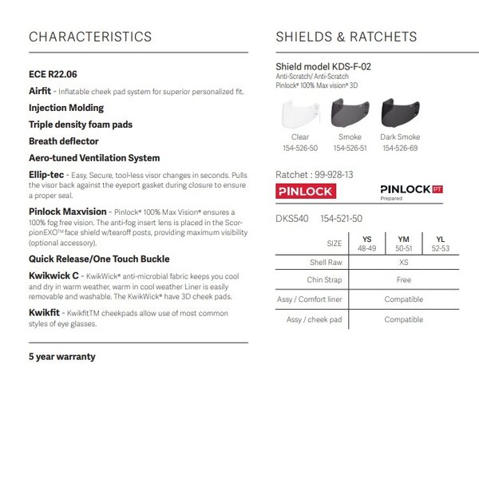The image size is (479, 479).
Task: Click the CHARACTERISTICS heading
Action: pos(89,37)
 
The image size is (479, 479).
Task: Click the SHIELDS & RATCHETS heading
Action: pos(346,37)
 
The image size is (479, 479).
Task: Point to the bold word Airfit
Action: pos(40,92)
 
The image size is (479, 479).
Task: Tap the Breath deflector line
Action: pos(63,141)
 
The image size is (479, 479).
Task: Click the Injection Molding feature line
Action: pos(65,108)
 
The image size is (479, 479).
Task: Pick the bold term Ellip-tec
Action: pos(47,173)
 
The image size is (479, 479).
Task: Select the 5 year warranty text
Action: pos(61,355)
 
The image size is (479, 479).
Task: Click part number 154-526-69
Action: pos(399,148)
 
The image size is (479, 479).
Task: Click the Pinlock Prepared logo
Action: pos(410,192)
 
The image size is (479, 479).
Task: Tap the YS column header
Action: pos(366,239)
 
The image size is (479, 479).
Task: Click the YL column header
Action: pos(440,239)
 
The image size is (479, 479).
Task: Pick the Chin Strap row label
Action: pos(325,280)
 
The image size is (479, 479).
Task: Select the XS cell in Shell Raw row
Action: pos(403,262)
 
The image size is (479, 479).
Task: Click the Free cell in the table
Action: pos(403,280)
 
